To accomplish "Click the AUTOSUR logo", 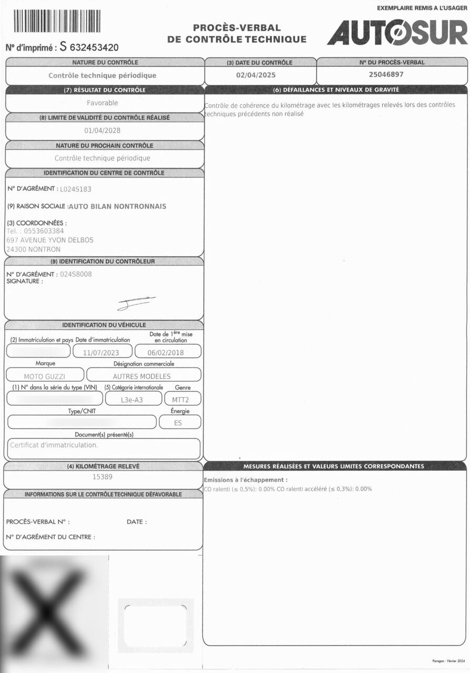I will (x=397, y=33).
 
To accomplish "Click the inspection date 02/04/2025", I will (x=256, y=75).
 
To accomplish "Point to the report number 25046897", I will (x=386, y=75).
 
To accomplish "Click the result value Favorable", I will (x=103, y=103).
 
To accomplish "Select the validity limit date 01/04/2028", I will (x=102, y=131).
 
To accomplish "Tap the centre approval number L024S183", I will (x=79, y=189).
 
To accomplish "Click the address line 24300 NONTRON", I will (x=33, y=249).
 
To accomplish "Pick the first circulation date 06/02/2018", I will (x=165, y=353).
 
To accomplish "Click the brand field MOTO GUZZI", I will (x=45, y=376).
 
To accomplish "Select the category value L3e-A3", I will (x=132, y=400).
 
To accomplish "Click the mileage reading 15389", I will (x=102, y=477).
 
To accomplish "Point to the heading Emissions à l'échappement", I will (x=245, y=480).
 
